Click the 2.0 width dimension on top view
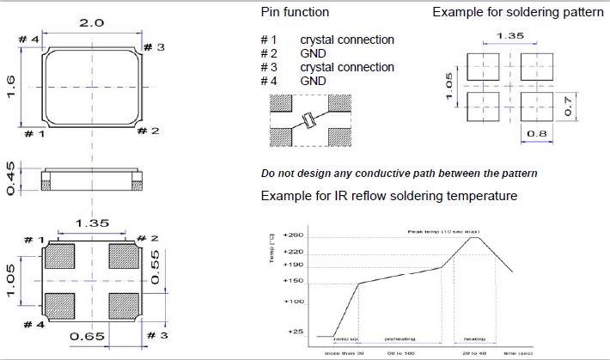pyautogui.click(x=91, y=21)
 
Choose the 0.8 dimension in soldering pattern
pyautogui.click(x=534, y=133)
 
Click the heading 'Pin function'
pyautogui.click(x=294, y=13)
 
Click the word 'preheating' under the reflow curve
pyautogui.click(x=400, y=339)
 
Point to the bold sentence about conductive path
pyautogui.click(x=400, y=174)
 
